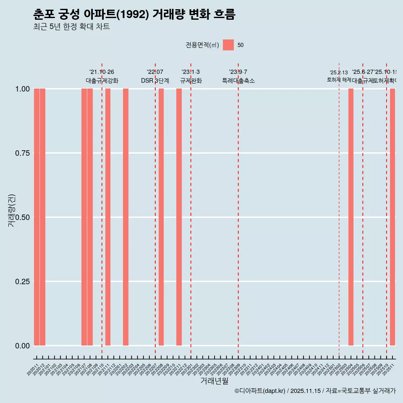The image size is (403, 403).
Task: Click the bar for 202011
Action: tap(37, 217)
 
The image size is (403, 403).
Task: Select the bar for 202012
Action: tap(42, 217)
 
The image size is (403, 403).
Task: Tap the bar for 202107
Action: tap(84, 217)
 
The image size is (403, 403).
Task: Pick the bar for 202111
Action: tap(108, 217)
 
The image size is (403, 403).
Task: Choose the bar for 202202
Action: tap(126, 217)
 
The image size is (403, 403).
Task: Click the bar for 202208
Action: tap(161, 217)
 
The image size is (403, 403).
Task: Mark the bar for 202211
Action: tap(179, 217)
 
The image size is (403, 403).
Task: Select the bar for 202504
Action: tap(351, 217)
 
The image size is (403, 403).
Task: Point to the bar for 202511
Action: tap(393, 217)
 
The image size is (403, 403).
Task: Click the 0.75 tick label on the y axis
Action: tap(22, 153)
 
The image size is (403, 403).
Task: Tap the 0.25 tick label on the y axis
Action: tap(22, 282)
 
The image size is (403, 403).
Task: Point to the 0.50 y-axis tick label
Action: tap(22, 217)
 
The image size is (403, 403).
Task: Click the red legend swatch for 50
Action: tap(228, 45)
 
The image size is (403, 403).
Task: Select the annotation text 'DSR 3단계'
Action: tap(155, 81)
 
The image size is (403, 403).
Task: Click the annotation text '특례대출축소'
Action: tap(238, 81)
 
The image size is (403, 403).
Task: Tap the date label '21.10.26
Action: tap(102, 72)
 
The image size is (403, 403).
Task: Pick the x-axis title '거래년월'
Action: tap(214, 381)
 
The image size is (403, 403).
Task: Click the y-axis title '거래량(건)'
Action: tap(12, 210)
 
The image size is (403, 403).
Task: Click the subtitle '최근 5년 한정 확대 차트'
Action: tap(71, 27)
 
